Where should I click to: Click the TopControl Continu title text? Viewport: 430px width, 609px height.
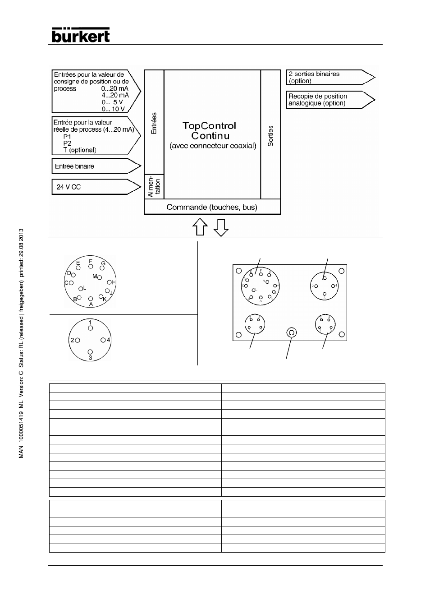pos(210,130)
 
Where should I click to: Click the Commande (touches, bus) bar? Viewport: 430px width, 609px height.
pos(212,207)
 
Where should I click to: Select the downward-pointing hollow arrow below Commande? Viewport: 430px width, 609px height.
pos(221,227)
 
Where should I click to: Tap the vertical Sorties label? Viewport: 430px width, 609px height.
pos(270,136)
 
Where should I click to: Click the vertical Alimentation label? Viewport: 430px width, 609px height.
pos(154,186)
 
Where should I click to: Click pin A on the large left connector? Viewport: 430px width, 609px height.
pos(91,298)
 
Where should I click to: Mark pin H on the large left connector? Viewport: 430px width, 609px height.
pos(109,282)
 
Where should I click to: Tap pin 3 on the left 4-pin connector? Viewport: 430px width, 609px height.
pos(90,351)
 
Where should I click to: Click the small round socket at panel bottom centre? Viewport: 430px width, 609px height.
pos(292,333)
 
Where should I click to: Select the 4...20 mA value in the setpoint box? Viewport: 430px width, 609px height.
pos(115,95)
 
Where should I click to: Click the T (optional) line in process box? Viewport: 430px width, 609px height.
pos(80,150)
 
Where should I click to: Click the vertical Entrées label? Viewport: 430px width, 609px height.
pos(154,123)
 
